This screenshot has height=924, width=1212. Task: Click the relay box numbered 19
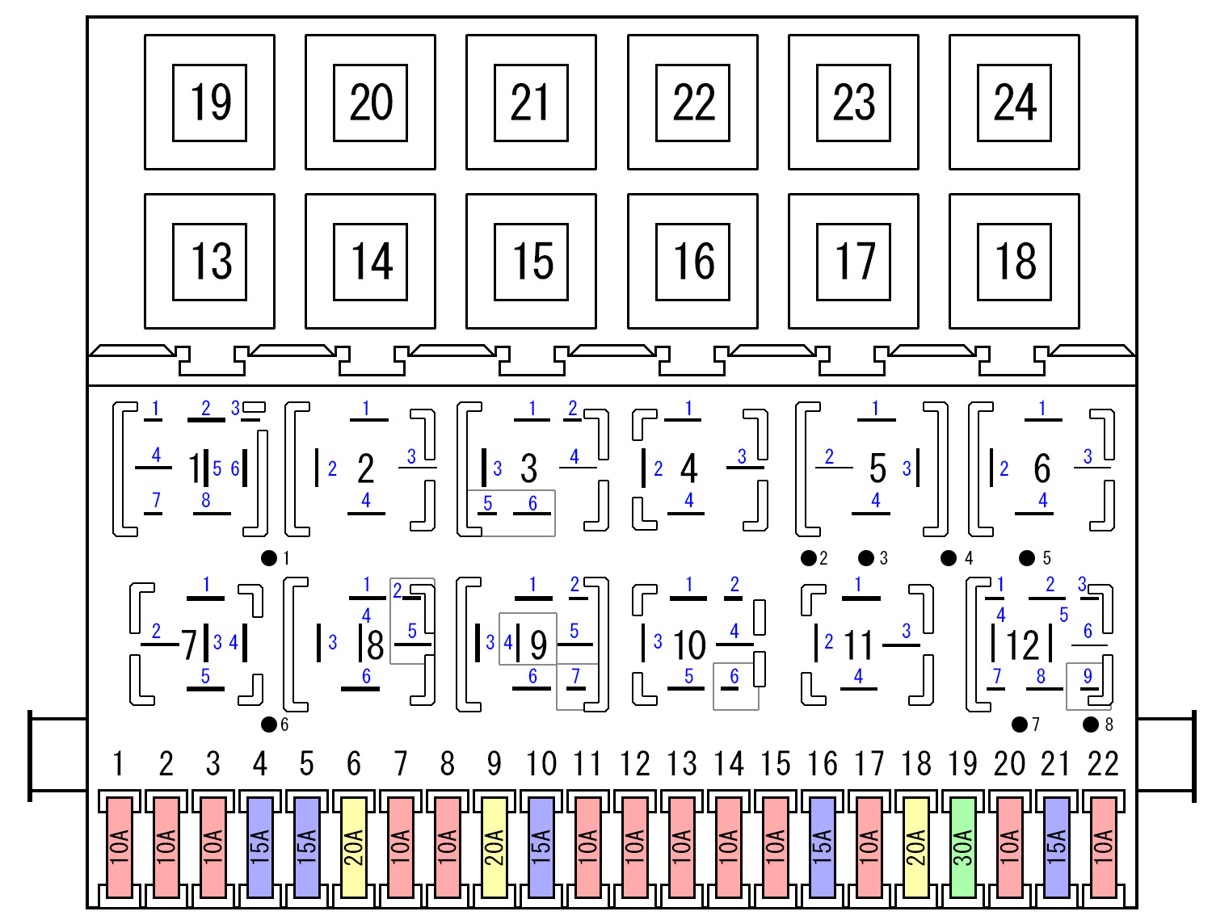(x=209, y=103)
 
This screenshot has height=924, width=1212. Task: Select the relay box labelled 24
(x=1014, y=103)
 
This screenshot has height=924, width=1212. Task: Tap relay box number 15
(x=531, y=262)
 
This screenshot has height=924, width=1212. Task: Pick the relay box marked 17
(x=853, y=262)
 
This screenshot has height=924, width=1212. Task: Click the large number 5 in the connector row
(x=877, y=468)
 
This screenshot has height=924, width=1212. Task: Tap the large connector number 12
(x=1022, y=645)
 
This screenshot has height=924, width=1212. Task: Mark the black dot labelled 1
(x=269, y=557)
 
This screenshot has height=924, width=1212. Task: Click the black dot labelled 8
(x=1091, y=724)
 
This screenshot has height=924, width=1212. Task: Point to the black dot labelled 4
(x=949, y=558)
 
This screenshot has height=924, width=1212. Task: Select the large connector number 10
(x=689, y=645)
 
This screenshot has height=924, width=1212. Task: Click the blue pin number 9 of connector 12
(x=1088, y=676)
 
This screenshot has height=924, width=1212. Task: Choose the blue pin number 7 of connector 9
(x=575, y=675)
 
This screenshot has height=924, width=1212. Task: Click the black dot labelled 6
(x=269, y=724)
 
